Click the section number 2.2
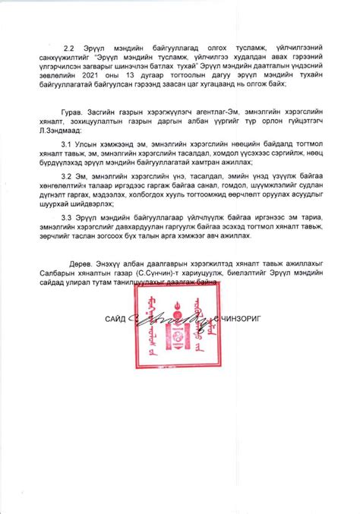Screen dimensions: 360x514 tap(70, 47)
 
